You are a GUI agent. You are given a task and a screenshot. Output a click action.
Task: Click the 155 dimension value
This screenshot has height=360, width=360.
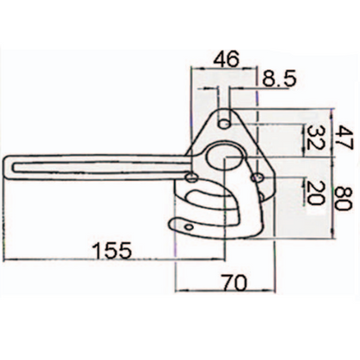pyautogui.click(x=112, y=250)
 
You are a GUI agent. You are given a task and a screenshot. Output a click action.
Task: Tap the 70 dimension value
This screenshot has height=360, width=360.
pyautogui.click(x=234, y=283)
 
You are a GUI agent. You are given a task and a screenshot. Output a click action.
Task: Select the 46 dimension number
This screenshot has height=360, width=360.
pyautogui.click(x=226, y=59)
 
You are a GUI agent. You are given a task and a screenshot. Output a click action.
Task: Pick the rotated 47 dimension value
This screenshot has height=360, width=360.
pyautogui.click(x=344, y=138)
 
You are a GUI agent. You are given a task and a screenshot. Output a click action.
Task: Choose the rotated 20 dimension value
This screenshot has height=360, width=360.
pyautogui.click(x=315, y=192)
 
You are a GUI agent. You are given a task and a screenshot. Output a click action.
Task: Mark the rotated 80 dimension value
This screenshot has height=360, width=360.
pyautogui.click(x=344, y=198)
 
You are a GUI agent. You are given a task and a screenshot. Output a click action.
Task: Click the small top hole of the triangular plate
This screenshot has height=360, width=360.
pyautogui.click(x=224, y=125)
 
